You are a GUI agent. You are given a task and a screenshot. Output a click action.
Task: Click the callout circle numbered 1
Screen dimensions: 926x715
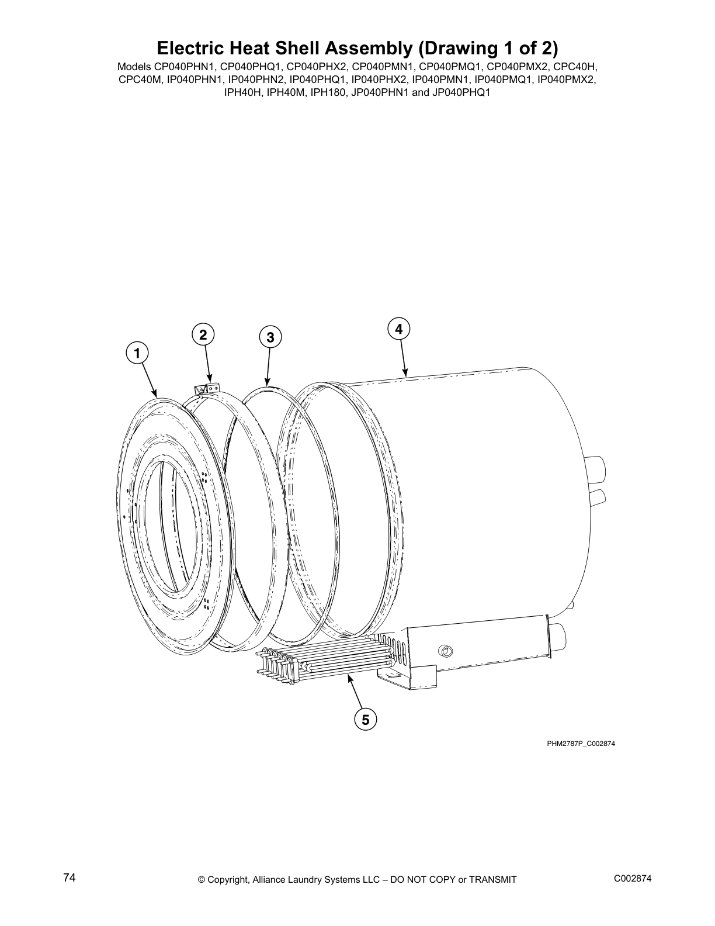pos(137,354)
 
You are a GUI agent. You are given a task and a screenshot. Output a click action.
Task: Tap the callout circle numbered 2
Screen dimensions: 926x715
pos(203,335)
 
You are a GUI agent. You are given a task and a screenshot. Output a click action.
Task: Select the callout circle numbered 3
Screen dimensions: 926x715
pos(270,337)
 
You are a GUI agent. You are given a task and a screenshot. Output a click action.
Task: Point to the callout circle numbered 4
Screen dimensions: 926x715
pos(398,329)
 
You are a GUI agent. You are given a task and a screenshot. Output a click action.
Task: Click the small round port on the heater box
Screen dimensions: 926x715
pos(446,650)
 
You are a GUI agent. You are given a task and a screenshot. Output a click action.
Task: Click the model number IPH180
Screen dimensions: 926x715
pos(328,92)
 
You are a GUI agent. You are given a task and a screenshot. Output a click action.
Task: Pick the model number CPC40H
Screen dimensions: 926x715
pos(575,67)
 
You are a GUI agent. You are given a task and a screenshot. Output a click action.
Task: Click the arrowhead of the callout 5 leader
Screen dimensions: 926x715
pos(349,677)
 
